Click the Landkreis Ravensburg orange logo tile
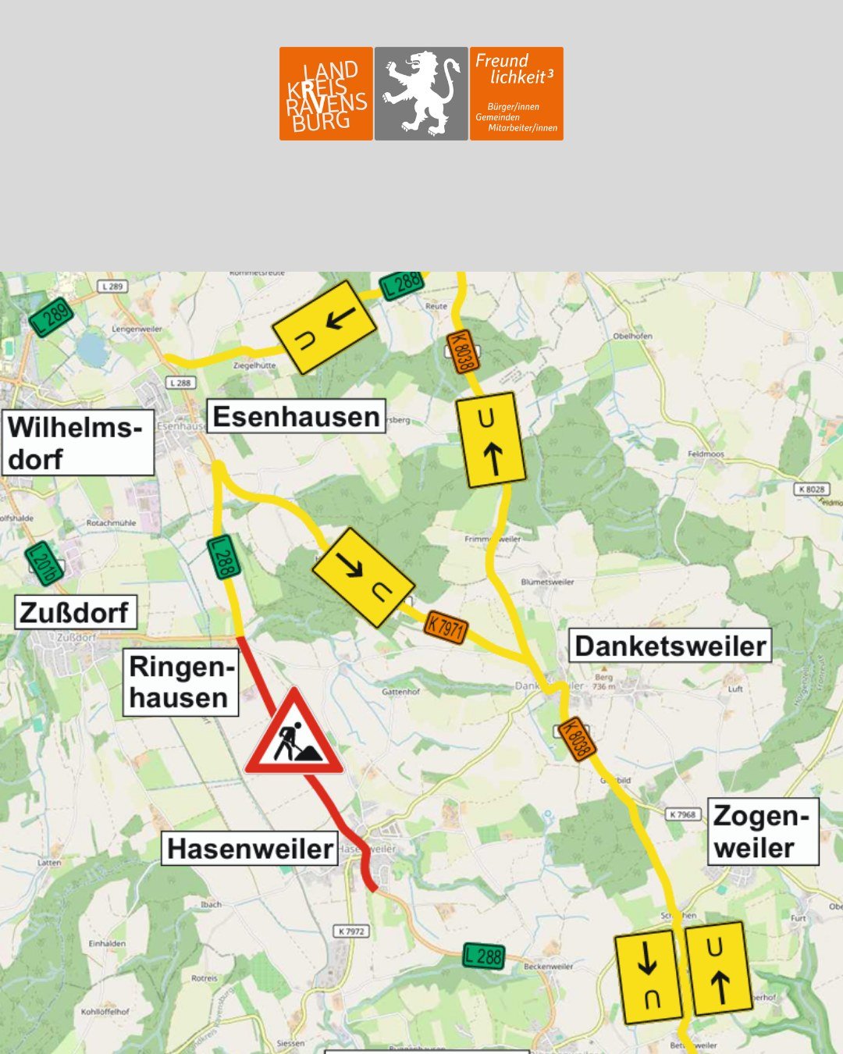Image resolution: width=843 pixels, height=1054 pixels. tap(325, 94)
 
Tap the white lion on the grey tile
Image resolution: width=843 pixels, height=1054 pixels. tap(421, 94)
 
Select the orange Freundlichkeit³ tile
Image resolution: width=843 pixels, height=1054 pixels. tap(516, 94)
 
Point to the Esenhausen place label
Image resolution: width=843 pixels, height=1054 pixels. tap(297, 417)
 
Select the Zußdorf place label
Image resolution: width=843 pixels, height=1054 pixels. tap(76, 613)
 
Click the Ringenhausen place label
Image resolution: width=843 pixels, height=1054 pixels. tap(180, 683)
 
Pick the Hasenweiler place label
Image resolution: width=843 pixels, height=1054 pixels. tap(250, 849)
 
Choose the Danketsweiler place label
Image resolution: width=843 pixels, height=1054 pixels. tap(670, 646)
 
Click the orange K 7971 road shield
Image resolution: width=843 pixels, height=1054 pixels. tap(446, 627)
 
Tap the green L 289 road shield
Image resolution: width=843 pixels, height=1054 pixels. tap(52, 316)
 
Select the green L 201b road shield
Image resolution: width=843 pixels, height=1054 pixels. tap(43, 563)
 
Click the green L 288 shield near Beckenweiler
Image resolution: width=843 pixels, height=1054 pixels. tap(483, 956)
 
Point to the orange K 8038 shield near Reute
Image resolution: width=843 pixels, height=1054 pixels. tap(461, 352)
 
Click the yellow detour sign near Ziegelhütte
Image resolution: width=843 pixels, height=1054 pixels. tap(324, 327)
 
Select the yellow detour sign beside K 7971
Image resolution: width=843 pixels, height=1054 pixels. tap(363, 578)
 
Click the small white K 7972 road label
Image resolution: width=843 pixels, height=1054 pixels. tap(352, 931)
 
